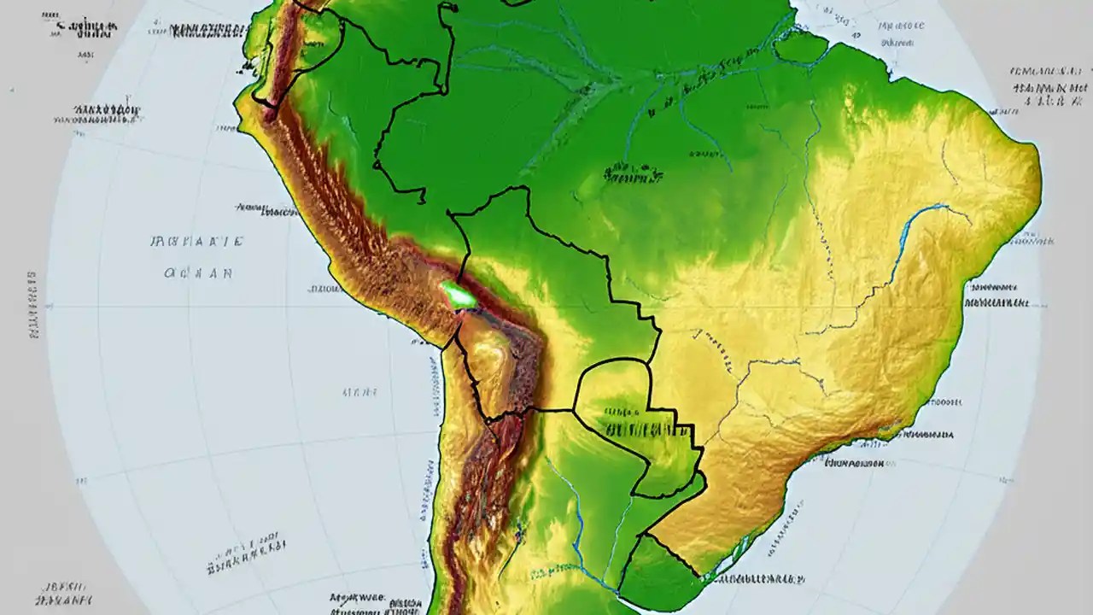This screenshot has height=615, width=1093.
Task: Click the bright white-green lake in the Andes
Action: click(x=459, y=296)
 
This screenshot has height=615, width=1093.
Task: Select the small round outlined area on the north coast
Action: click(x=801, y=46)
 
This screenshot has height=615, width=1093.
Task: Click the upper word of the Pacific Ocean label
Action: click(x=197, y=242)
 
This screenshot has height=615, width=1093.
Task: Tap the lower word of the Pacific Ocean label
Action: click(x=197, y=274)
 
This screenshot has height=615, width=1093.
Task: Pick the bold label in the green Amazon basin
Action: click(x=633, y=175)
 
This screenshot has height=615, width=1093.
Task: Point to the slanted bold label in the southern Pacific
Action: click(x=247, y=553)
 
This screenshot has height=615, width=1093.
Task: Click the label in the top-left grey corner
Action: click(x=85, y=27)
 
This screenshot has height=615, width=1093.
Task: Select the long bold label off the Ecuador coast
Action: click(x=107, y=111)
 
